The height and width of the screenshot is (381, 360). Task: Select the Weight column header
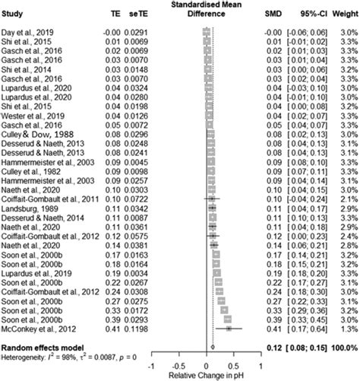pyautogui.click(x=344, y=13)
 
